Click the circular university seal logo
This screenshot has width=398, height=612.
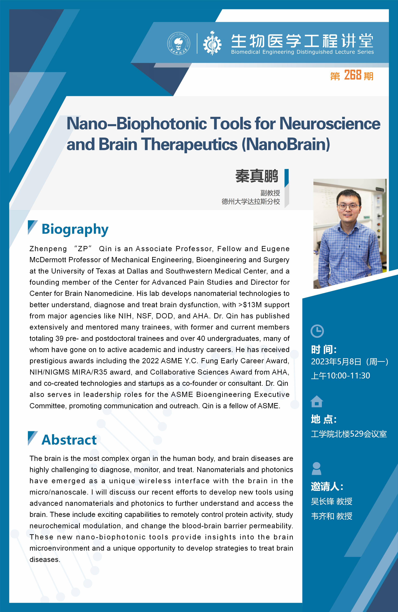(x=179, y=44)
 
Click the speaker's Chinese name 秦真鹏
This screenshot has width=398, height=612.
(x=257, y=176)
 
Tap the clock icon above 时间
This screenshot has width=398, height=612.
(x=317, y=331)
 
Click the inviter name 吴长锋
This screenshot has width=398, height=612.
(x=322, y=501)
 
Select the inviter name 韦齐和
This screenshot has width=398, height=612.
(x=322, y=516)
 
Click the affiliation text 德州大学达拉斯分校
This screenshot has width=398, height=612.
(x=251, y=202)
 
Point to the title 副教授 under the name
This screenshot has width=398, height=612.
(x=270, y=193)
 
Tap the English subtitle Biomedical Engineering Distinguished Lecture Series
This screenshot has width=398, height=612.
(x=302, y=52)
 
